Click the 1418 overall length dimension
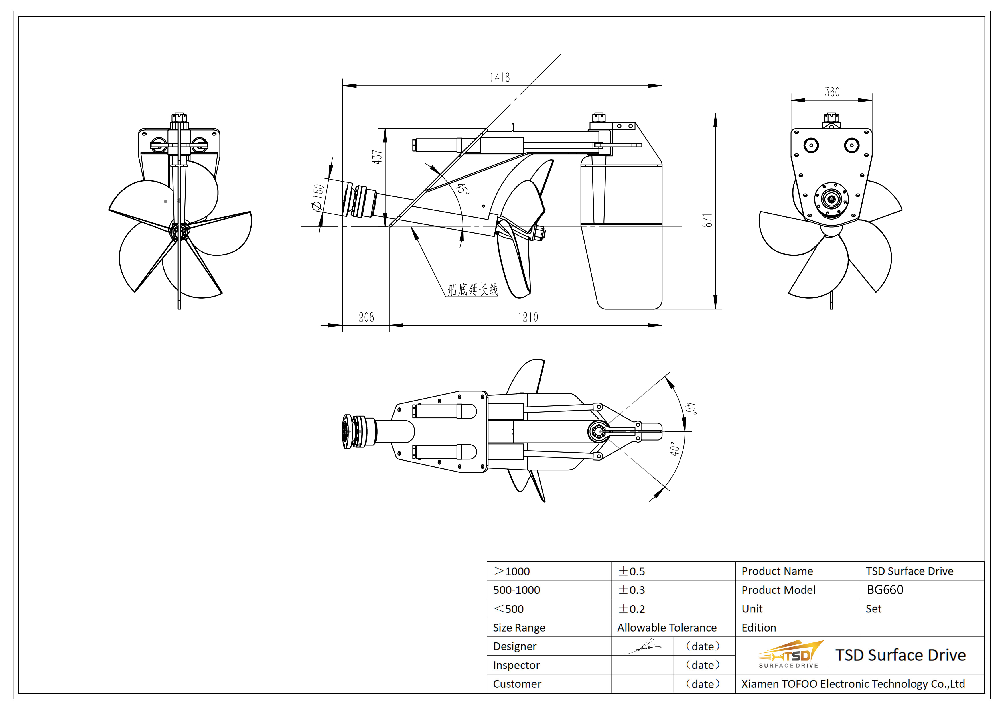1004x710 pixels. [499, 78]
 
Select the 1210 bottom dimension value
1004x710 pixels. [528, 317]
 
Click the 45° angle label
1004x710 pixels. [463, 189]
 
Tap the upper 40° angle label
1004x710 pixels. [691, 408]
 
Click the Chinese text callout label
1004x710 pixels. [473, 289]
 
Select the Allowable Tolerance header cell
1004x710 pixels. [666, 628]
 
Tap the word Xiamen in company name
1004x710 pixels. [759, 684]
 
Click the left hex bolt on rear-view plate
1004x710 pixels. [811, 145]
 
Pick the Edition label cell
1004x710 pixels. [759, 628]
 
